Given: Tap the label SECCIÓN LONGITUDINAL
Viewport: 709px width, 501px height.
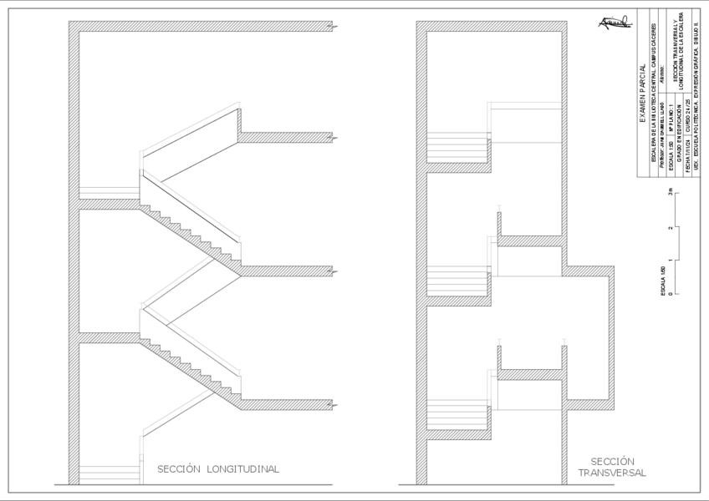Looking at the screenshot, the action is (218, 469).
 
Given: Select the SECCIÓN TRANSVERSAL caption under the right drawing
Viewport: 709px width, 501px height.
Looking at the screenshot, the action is (612, 467).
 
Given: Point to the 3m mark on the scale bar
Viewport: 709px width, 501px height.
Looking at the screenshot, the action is (671, 192).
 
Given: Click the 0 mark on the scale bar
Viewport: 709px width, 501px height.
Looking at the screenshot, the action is (671, 293).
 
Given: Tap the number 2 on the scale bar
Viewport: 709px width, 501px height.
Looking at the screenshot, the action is (671, 226).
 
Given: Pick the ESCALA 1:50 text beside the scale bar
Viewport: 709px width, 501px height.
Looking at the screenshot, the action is (662, 281).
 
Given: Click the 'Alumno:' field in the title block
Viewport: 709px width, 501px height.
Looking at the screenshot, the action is (662, 72).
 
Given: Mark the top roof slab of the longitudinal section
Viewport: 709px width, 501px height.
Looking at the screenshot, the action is (201, 27).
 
